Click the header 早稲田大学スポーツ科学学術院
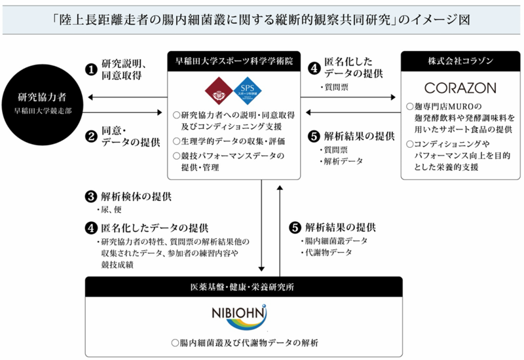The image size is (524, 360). [234, 61]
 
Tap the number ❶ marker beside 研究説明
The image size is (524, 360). [92, 67]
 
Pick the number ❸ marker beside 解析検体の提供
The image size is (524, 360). [92, 196]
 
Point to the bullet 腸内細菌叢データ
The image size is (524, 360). [326, 241]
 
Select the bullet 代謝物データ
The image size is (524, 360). [321, 253]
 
